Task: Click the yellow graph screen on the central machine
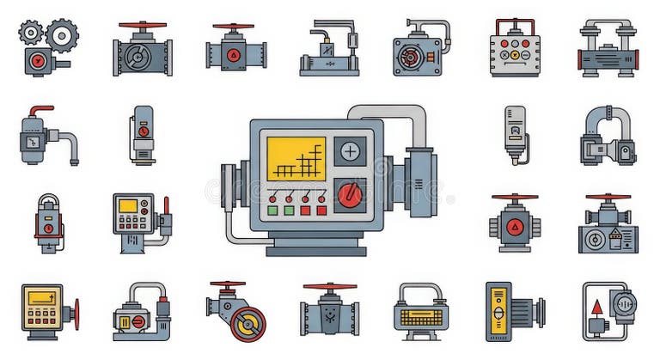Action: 296,158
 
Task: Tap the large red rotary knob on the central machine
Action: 350,195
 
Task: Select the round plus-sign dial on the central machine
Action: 350,152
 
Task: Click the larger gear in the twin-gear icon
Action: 61,35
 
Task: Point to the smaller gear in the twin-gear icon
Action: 31,33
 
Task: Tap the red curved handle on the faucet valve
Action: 40,111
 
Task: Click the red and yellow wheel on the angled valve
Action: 248,324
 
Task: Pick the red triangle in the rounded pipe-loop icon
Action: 596,307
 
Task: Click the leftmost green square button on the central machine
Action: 273,211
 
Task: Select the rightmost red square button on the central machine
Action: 321,211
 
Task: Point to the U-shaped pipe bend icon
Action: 608,136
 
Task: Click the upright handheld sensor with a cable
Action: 515,133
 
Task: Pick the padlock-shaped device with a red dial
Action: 48,221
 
